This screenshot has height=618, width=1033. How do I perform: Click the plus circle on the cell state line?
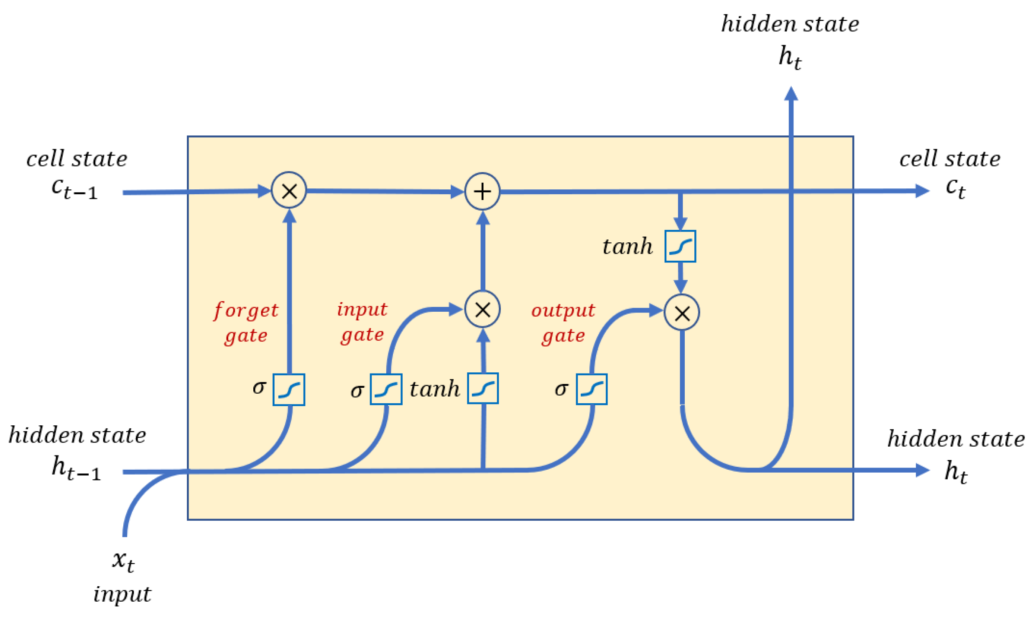tap(482, 191)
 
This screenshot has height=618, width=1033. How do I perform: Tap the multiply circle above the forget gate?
tap(289, 191)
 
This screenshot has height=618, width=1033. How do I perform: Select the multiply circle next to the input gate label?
tap(482, 310)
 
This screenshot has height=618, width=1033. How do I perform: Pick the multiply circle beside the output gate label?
tap(681, 313)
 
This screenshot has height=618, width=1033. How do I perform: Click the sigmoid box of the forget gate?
tap(288, 389)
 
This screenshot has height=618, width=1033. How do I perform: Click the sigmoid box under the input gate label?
tap(386, 389)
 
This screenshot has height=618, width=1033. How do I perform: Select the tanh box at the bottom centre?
tap(482, 388)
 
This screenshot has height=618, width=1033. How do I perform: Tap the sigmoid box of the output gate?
tap(591, 389)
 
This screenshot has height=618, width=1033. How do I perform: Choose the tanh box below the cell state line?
tap(680, 246)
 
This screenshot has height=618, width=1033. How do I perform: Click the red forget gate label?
tap(245, 322)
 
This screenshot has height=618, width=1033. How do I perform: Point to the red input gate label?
tap(362, 321)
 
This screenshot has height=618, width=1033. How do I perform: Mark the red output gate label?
tap(563, 322)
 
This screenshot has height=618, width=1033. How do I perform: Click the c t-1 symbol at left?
tap(74, 189)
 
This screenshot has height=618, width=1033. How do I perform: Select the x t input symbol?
tap(123, 560)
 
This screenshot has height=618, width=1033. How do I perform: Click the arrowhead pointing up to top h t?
tap(791, 94)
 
